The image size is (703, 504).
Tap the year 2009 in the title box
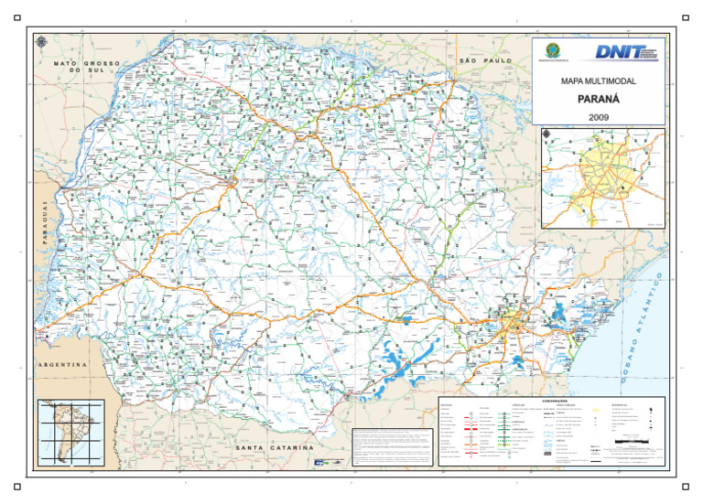coord(597,116)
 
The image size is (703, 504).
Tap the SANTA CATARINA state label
coord(274,448)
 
